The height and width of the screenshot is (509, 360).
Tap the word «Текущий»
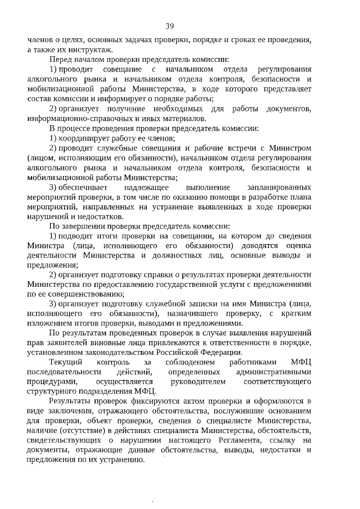[66, 363]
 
